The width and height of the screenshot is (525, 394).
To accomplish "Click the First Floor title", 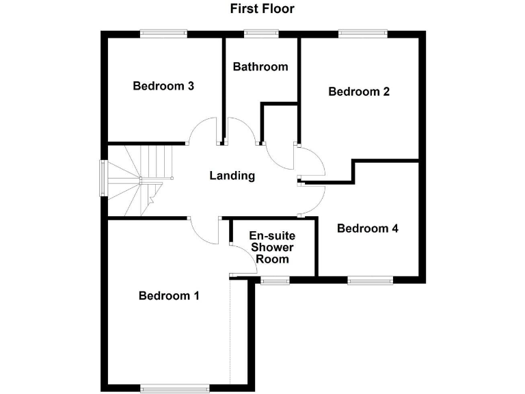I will click(262, 9).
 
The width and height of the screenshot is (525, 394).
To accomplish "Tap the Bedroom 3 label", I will click(163, 86).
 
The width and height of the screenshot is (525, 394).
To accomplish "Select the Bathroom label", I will click(260, 67).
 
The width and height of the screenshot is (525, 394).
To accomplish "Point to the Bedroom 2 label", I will click(359, 92).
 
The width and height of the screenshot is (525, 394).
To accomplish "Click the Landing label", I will click(232, 176).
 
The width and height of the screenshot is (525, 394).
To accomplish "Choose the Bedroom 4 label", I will click(368, 228).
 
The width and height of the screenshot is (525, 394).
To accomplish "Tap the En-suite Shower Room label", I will click(272, 248).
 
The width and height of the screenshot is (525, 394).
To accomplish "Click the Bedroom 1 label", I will click(169, 295).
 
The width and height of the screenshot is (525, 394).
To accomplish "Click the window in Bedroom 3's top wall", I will click(164, 32).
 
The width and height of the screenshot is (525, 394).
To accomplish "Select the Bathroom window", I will click(261, 32).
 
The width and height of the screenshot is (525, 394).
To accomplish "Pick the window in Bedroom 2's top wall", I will click(362, 32).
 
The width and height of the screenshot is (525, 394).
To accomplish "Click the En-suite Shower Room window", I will click(274, 279).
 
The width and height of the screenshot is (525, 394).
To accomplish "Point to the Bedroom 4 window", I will click(370, 279).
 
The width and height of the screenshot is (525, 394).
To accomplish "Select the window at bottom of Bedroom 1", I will click(175, 388).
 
